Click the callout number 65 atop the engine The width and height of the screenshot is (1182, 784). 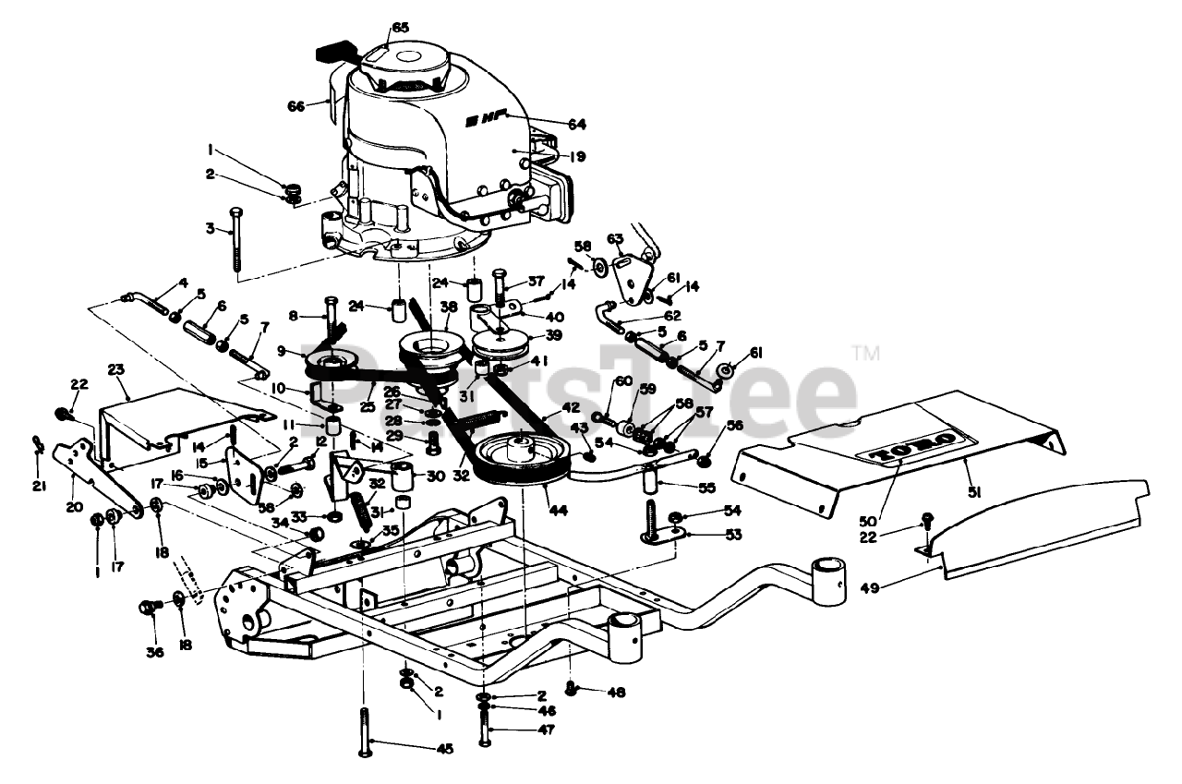tap(399, 29)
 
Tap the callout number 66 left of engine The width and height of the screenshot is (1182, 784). tap(295, 107)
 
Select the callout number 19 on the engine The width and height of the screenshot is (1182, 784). tap(578, 157)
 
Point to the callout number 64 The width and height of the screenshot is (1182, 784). tap(577, 124)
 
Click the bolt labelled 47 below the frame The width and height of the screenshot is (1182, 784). tap(486, 730)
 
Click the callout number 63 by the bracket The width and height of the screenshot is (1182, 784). tap(615, 239)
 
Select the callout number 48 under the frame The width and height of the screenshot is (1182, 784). tap(617, 691)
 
